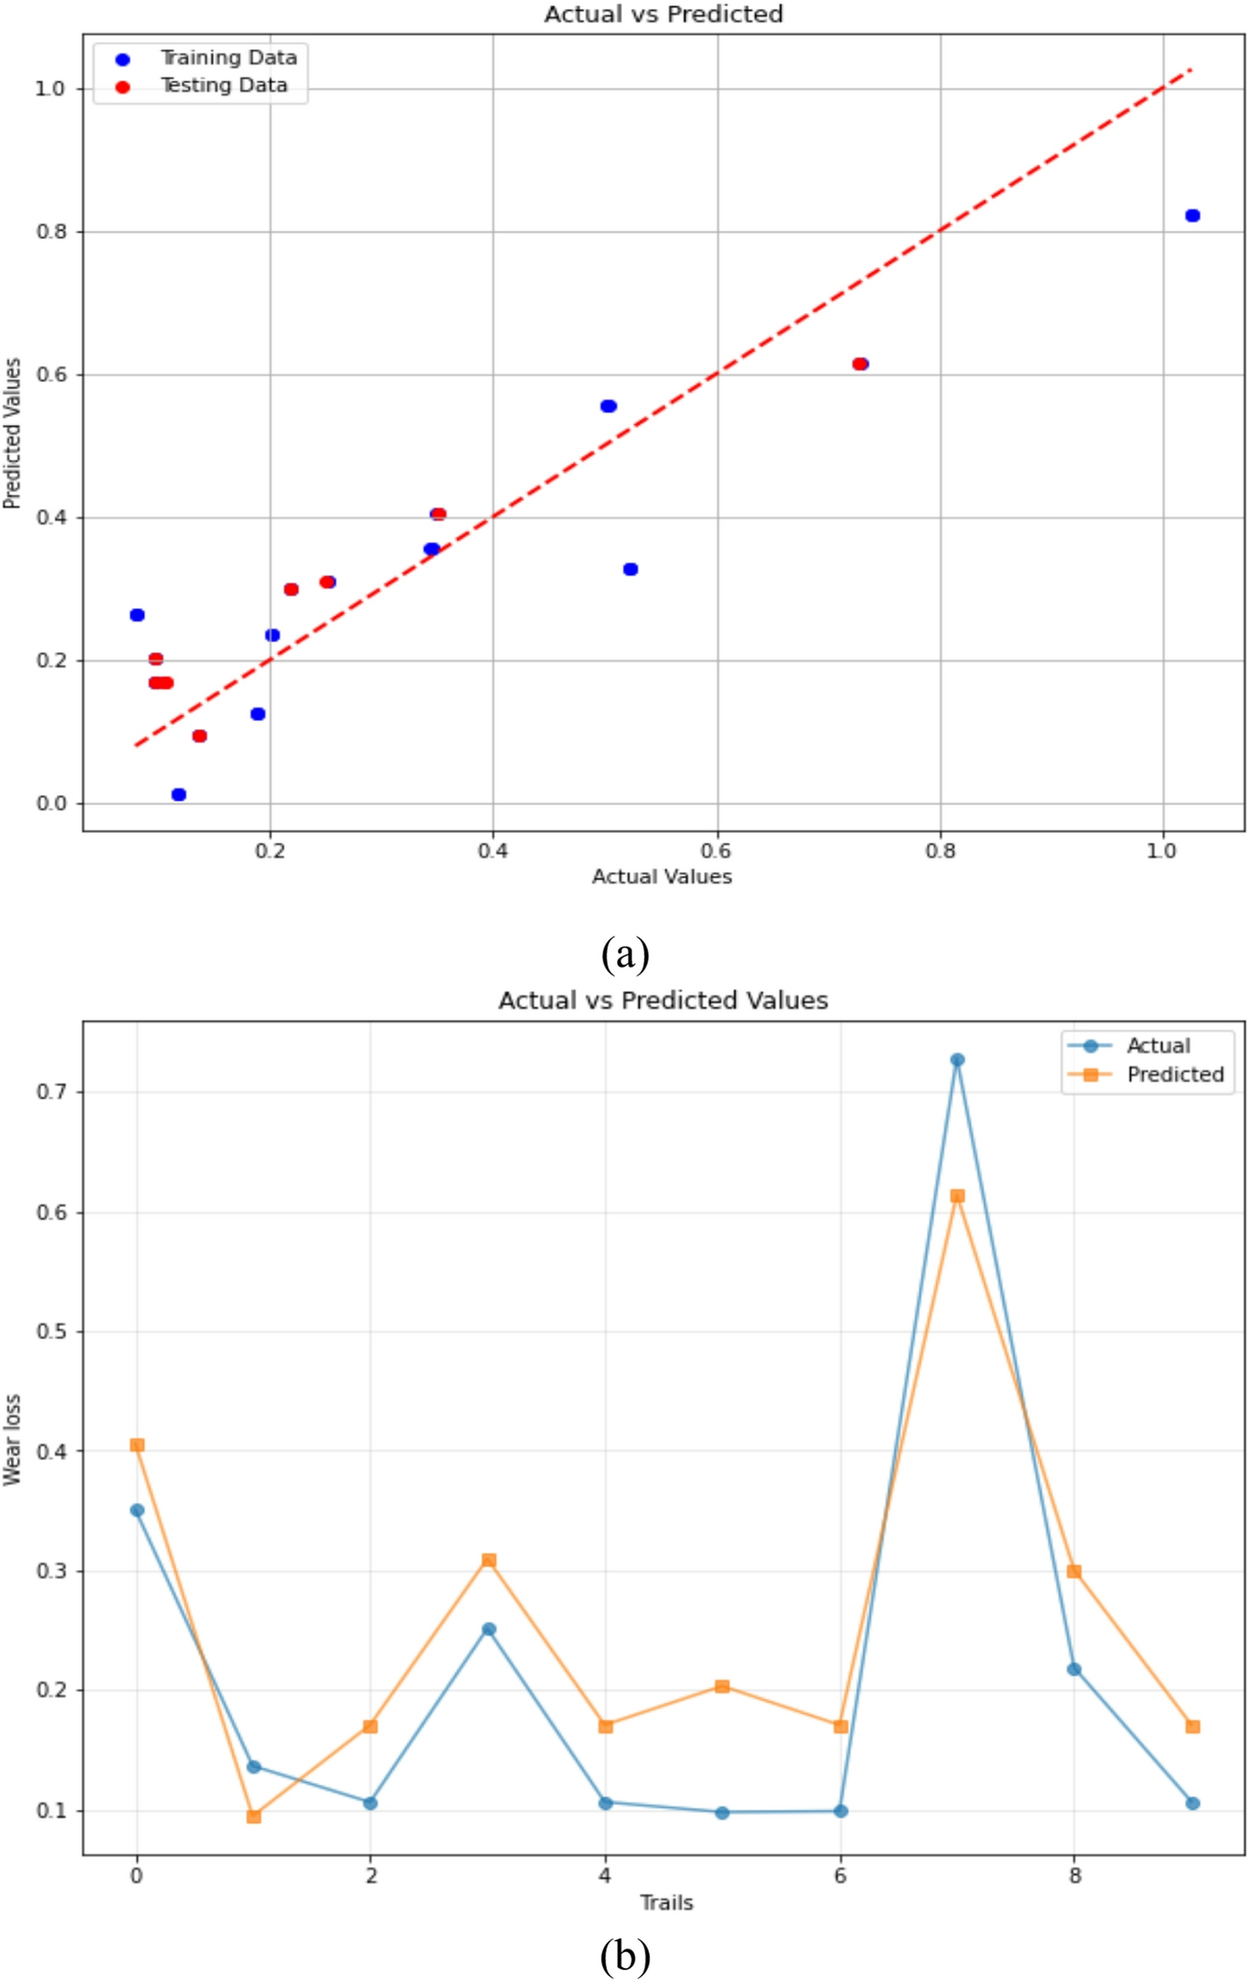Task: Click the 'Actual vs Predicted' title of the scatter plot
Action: pyautogui.click(x=662, y=14)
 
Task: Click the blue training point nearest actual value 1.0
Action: pyautogui.click(x=1192, y=216)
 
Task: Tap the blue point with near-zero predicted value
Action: pyautogui.click(x=179, y=794)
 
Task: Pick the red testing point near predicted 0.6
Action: pyautogui.click(x=859, y=364)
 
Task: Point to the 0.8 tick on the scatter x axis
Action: pyautogui.click(x=940, y=850)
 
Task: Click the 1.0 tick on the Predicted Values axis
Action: pyautogui.click(x=50, y=89)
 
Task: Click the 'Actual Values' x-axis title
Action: pyautogui.click(x=662, y=876)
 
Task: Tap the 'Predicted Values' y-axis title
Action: pyautogui.click(x=13, y=434)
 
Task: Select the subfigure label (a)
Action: pyautogui.click(x=625, y=954)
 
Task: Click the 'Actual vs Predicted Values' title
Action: pyautogui.click(x=662, y=1000)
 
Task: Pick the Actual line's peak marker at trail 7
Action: pyautogui.click(x=957, y=1060)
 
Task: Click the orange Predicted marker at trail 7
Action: pyautogui.click(x=957, y=1196)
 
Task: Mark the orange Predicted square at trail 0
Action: pyautogui.click(x=137, y=1445)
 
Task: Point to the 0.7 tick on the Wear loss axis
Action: pyautogui.click(x=50, y=1092)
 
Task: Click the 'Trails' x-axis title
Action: pyautogui.click(x=666, y=1902)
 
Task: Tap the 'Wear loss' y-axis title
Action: pyautogui.click(x=13, y=1440)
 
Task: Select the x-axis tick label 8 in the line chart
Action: pyautogui.click(x=1074, y=1875)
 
